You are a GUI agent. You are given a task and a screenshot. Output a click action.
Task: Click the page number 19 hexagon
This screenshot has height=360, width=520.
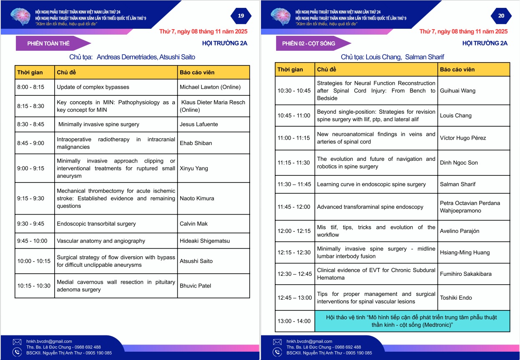[241, 16]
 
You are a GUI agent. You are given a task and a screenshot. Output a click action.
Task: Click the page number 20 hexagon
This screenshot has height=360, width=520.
[501, 16]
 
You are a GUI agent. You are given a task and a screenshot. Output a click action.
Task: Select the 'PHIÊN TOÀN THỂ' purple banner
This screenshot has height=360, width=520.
[49, 43]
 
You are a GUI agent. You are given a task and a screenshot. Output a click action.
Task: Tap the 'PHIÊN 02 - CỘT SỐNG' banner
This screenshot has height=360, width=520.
[309, 43]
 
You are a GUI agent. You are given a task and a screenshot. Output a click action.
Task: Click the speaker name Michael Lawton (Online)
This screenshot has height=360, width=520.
[210, 87]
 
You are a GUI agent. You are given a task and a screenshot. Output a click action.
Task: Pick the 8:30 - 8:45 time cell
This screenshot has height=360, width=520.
[30, 124]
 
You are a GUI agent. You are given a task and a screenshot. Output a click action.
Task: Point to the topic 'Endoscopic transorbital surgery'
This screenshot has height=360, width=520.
[96, 224]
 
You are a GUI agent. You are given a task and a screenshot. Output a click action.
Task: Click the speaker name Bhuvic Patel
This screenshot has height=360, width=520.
[196, 286]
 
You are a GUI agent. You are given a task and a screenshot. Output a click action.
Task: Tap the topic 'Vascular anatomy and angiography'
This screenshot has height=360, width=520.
[101, 241]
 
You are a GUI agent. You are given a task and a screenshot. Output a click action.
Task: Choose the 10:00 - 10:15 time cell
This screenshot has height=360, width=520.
[34, 261]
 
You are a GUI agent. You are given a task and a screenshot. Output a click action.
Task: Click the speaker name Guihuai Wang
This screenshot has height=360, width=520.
[457, 91]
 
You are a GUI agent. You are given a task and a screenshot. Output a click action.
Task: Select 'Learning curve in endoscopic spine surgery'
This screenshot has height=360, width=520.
[371, 184]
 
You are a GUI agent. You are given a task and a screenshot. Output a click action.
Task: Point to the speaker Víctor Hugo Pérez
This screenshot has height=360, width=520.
[463, 138]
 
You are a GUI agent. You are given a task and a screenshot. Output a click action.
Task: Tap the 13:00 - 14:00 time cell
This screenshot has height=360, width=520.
[294, 321]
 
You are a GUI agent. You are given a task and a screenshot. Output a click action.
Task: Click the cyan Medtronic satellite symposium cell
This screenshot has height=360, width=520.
[412, 321]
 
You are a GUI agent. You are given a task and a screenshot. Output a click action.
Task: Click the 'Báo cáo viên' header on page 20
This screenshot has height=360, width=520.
[457, 70]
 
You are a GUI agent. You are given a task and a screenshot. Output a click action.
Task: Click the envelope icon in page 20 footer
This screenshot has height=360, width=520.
[277, 342]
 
